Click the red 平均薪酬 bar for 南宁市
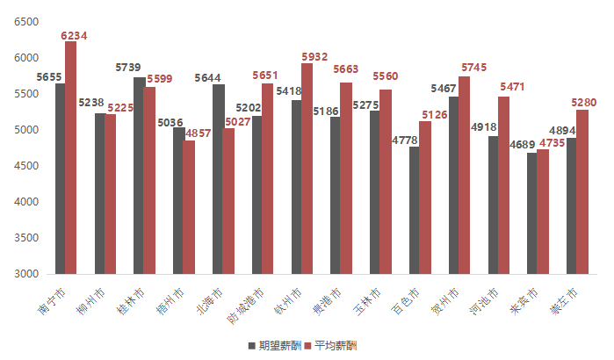pyautogui.click(x=70, y=158)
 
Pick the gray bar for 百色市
pyautogui.click(x=415, y=210)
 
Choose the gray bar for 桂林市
pyautogui.click(x=140, y=176)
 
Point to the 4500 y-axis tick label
pyautogui.click(x=26, y=166)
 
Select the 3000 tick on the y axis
pyautogui.click(x=26, y=274)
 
